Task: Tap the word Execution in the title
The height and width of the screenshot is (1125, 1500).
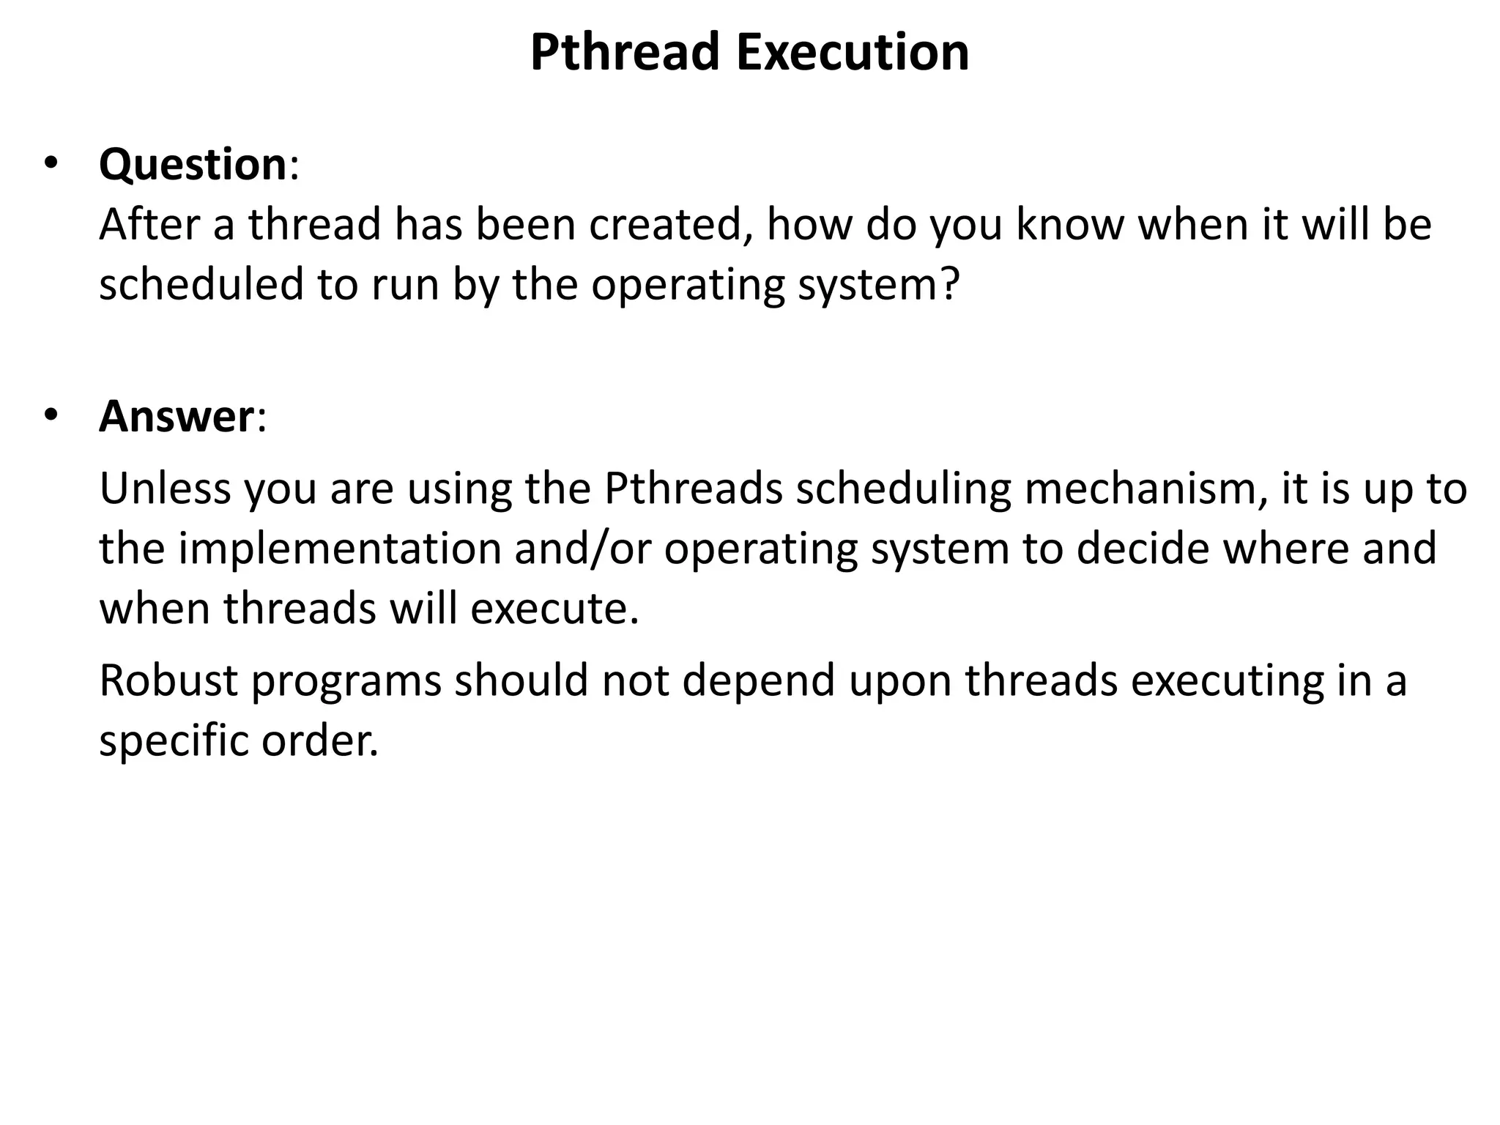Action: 853,53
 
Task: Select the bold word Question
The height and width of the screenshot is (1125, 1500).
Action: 193,164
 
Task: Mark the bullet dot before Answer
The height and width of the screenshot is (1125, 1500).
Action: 50,416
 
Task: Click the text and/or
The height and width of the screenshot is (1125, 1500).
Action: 583,549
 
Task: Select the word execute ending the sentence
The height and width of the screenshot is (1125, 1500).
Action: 554,609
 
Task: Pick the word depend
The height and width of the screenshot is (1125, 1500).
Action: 759,680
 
